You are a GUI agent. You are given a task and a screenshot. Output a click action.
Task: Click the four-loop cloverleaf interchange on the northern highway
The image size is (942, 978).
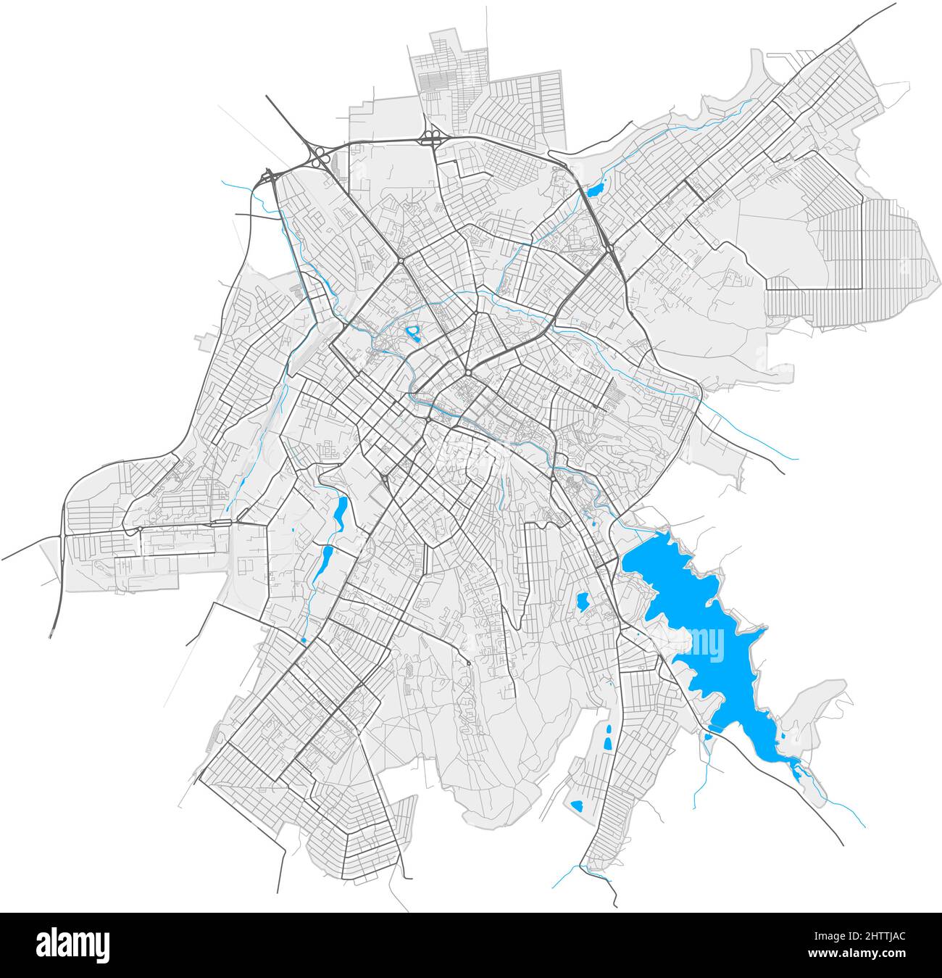(433, 137)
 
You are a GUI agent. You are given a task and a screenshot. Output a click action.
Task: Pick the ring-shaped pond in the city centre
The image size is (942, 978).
(414, 333)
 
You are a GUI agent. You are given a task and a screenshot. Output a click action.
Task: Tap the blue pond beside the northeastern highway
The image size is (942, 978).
(596, 191)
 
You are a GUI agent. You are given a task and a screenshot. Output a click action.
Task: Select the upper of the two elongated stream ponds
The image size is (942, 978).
(339, 511)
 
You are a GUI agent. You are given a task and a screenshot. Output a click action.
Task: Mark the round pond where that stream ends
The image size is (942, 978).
(303, 640)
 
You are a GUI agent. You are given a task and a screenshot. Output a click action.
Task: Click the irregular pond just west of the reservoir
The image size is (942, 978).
(582, 601)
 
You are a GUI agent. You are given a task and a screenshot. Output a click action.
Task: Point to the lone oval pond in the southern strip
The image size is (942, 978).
(578, 805)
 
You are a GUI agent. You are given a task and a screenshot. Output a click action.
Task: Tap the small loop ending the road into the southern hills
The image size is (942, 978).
(469, 663)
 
